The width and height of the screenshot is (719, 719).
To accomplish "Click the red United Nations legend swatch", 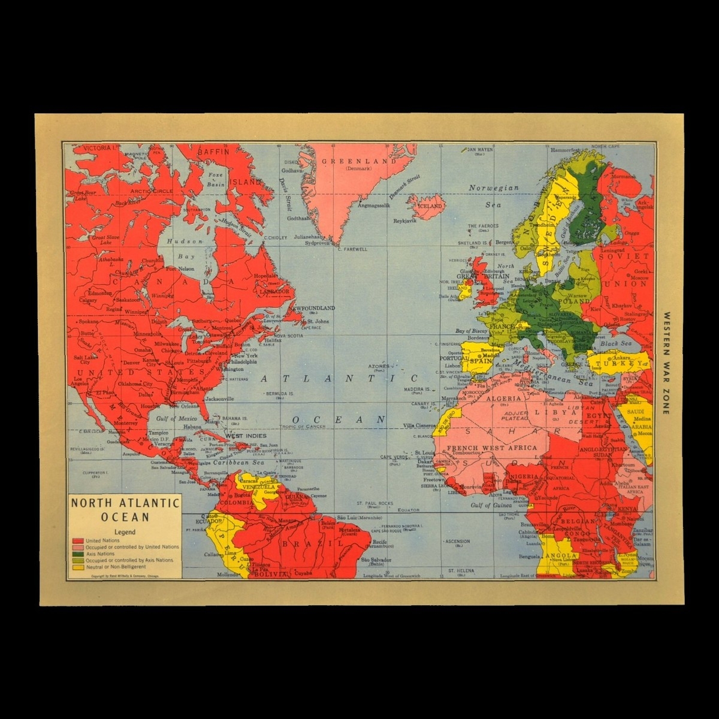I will pos(77,540).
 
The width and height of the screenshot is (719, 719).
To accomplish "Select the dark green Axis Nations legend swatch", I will pos(77,554).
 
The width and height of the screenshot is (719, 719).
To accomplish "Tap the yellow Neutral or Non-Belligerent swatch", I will pos(77,566).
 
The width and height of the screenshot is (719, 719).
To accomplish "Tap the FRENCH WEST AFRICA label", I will pos(500,448).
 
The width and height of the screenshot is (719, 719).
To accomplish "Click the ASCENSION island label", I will pos(458,541).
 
